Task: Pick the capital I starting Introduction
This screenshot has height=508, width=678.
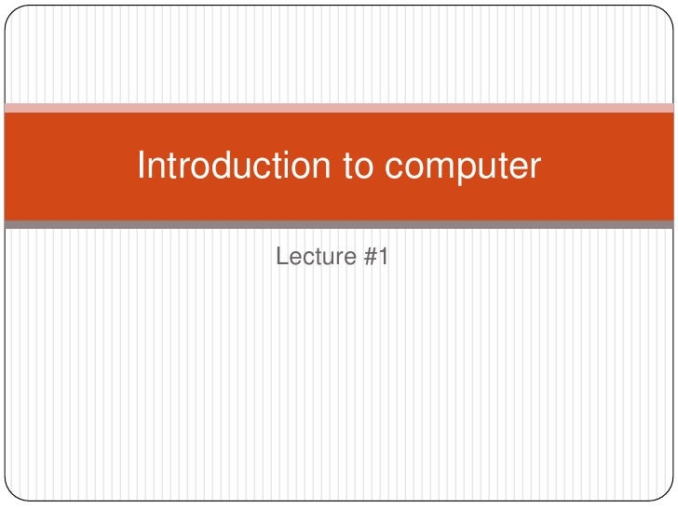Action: coord(142,166)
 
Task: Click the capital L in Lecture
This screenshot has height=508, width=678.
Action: coord(282,257)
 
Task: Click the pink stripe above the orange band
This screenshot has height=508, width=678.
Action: coord(339,108)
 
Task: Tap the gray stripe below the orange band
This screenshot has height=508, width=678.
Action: coord(339,224)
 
